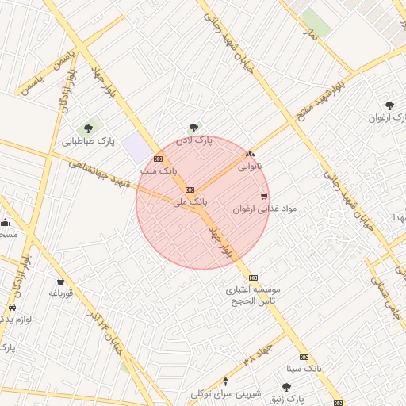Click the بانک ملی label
click(190, 202)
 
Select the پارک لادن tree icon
click(192, 126)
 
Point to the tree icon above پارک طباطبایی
click(88, 127)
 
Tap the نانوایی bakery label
click(250, 167)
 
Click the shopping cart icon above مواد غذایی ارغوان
click(264, 197)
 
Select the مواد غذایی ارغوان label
click(264, 209)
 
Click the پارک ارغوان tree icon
click(389, 105)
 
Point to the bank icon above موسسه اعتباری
click(253, 278)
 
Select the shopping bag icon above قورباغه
click(61, 280)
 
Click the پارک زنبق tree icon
click(286, 387)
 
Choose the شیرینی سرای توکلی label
click(226, 393)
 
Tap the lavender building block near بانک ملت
click(140, 147)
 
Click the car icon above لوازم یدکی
click(12, 307)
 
